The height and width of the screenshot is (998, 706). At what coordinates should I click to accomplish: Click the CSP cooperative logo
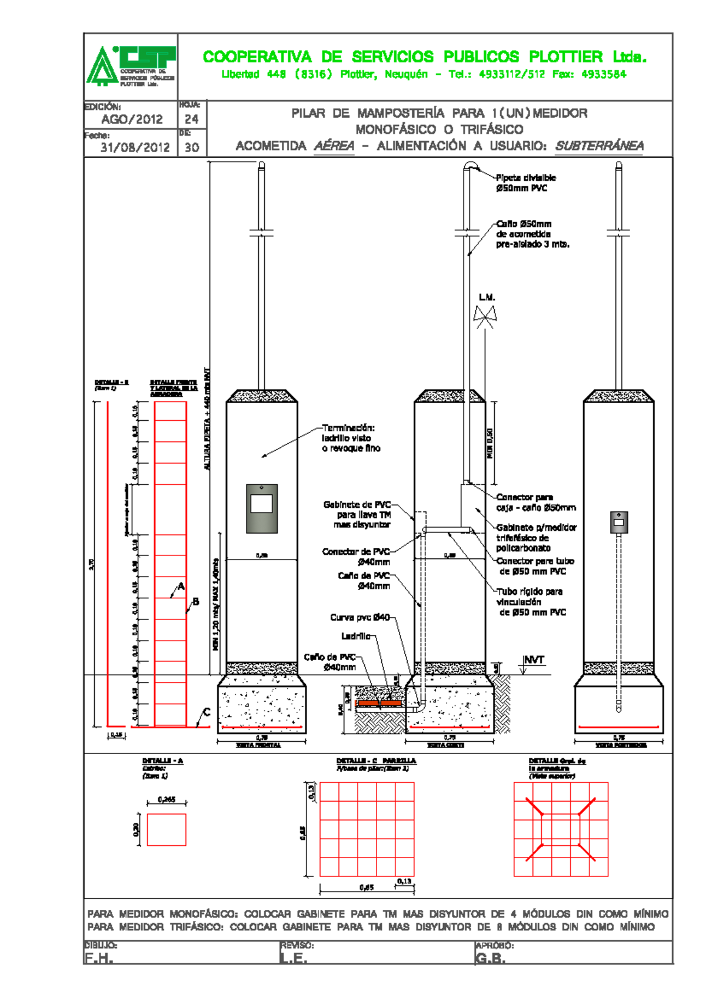click(x=131, y=66)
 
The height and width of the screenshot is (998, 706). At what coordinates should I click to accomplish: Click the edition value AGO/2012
click(x=132, y=119)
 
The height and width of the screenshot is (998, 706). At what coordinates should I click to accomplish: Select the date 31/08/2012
click(x=135, y=148)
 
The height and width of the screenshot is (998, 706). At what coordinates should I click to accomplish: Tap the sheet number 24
click(x=192, y=119)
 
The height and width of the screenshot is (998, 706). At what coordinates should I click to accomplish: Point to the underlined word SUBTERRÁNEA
click(x=599, y=146)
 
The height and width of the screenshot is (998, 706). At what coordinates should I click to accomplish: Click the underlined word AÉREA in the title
click(x=334, y=146)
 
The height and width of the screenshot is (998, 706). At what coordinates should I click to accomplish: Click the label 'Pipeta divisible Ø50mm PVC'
click(x=525, y=183)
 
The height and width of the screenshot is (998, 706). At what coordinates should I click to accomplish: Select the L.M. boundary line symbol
click(x=485, y=316)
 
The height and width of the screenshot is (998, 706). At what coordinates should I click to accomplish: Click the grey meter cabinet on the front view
click(x=262, y=508)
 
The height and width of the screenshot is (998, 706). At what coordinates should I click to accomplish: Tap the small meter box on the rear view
click(x=618, y=522)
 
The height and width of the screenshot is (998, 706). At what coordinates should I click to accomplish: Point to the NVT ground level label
click(x=534, y=660)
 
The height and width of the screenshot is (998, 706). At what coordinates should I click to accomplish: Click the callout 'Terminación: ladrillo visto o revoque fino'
click(x=351, y=438)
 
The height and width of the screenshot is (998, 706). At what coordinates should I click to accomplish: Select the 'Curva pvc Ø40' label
click(x=359, y=617)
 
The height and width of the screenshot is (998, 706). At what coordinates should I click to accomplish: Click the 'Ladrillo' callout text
click(x=355, y=636)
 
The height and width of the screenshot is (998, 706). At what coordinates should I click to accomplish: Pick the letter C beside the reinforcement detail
click(x=207, y=712)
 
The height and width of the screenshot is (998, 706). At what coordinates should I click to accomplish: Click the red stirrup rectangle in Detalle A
click(x=166, y=829)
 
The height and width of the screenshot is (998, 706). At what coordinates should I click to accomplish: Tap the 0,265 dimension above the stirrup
click(x=166, y=799)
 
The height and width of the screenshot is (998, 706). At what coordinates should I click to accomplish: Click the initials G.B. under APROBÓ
click(x=490, y=958)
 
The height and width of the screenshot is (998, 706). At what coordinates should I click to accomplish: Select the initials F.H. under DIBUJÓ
click(x=98, y=958)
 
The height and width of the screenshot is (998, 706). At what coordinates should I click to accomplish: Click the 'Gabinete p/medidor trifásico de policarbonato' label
click(x=535, y=538)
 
